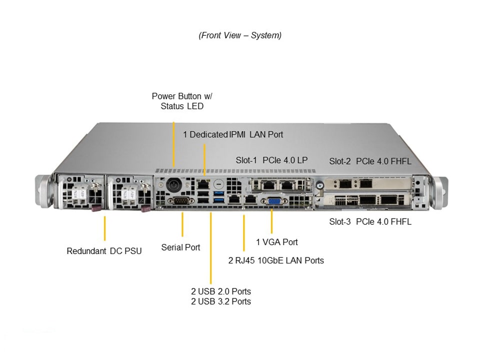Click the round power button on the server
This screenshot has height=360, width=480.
[173, 183]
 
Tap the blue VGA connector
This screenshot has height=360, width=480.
[273, 201]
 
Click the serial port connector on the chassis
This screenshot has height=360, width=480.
[178, 201]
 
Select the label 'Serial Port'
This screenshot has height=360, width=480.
[180, 247]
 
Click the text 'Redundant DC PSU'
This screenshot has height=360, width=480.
[104, 251]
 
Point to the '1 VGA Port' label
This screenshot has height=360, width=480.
[276, 242]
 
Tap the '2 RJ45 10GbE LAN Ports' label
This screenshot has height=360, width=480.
[276, 260]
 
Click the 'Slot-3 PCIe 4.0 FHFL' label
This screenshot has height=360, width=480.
[370, 221]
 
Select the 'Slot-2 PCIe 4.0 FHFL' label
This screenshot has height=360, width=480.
[370, 161]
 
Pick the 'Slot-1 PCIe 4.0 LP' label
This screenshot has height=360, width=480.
[271, 160]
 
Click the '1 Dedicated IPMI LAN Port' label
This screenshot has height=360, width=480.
[233, 134]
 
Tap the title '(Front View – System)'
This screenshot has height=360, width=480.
[240, 35]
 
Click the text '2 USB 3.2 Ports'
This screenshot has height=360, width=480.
[220, 301]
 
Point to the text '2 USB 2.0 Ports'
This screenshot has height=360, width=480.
[220, 291]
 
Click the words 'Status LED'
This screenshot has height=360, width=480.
[182, 106]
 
